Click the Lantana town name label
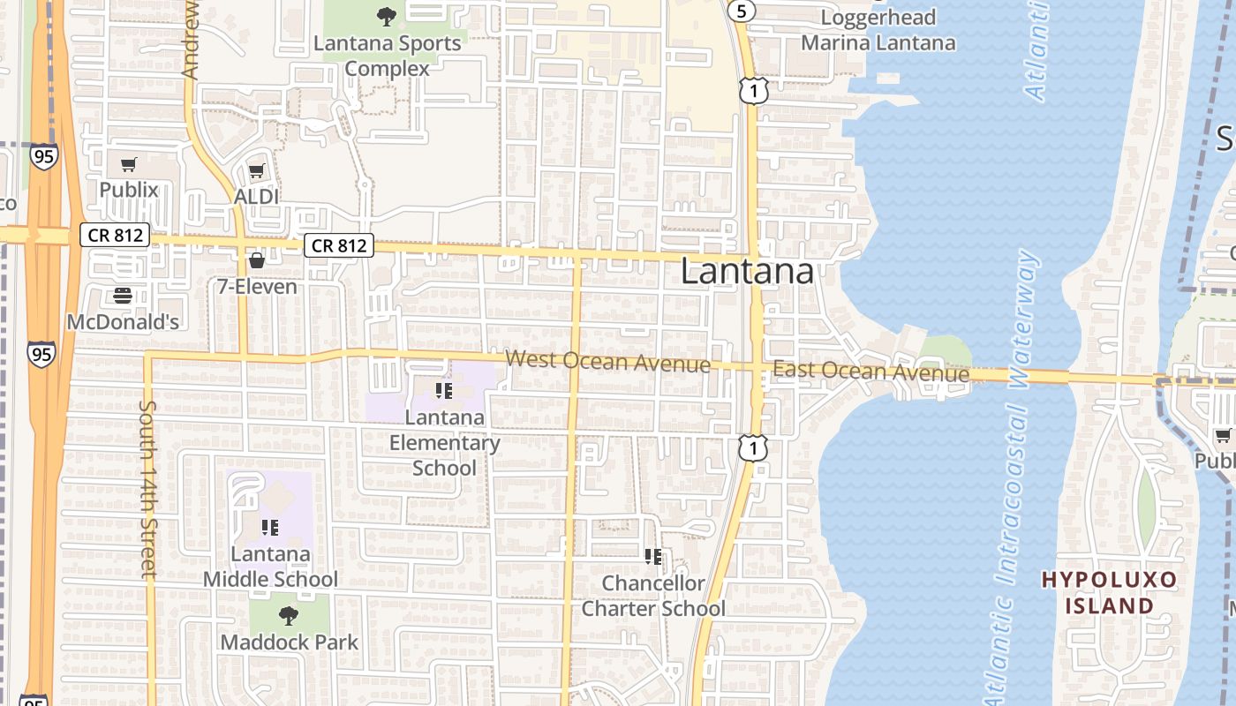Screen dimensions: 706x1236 (x=747, y=271)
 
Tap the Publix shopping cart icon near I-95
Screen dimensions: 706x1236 (x=129, y=164)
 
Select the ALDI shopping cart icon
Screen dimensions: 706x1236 (x=256, y=171)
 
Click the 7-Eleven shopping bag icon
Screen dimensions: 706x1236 (x=257, y=260)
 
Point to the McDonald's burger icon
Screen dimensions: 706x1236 (x=123, y=296)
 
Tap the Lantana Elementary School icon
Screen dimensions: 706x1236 (x=443, y=390)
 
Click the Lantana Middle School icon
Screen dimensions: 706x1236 (x=270, y=528)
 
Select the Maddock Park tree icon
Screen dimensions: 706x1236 (x=288, y=615)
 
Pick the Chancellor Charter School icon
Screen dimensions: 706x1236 (x=653, y=557)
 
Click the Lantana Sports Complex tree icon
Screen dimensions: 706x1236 (x=386, y=16)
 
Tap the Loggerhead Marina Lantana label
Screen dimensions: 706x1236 (x=878, y=30)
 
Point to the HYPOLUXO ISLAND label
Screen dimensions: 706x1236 (x=1110, y=592)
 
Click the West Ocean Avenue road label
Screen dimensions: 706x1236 (x=608, y=362)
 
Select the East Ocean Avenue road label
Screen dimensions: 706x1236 (x=870, y=372)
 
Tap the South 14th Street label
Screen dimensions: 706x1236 (x=147, y=490)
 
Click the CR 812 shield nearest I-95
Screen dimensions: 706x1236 (x=115, y=236)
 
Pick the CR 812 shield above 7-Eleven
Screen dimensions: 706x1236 (x=340, y=245)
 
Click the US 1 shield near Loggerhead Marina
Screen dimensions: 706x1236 (x=754, y=91)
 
